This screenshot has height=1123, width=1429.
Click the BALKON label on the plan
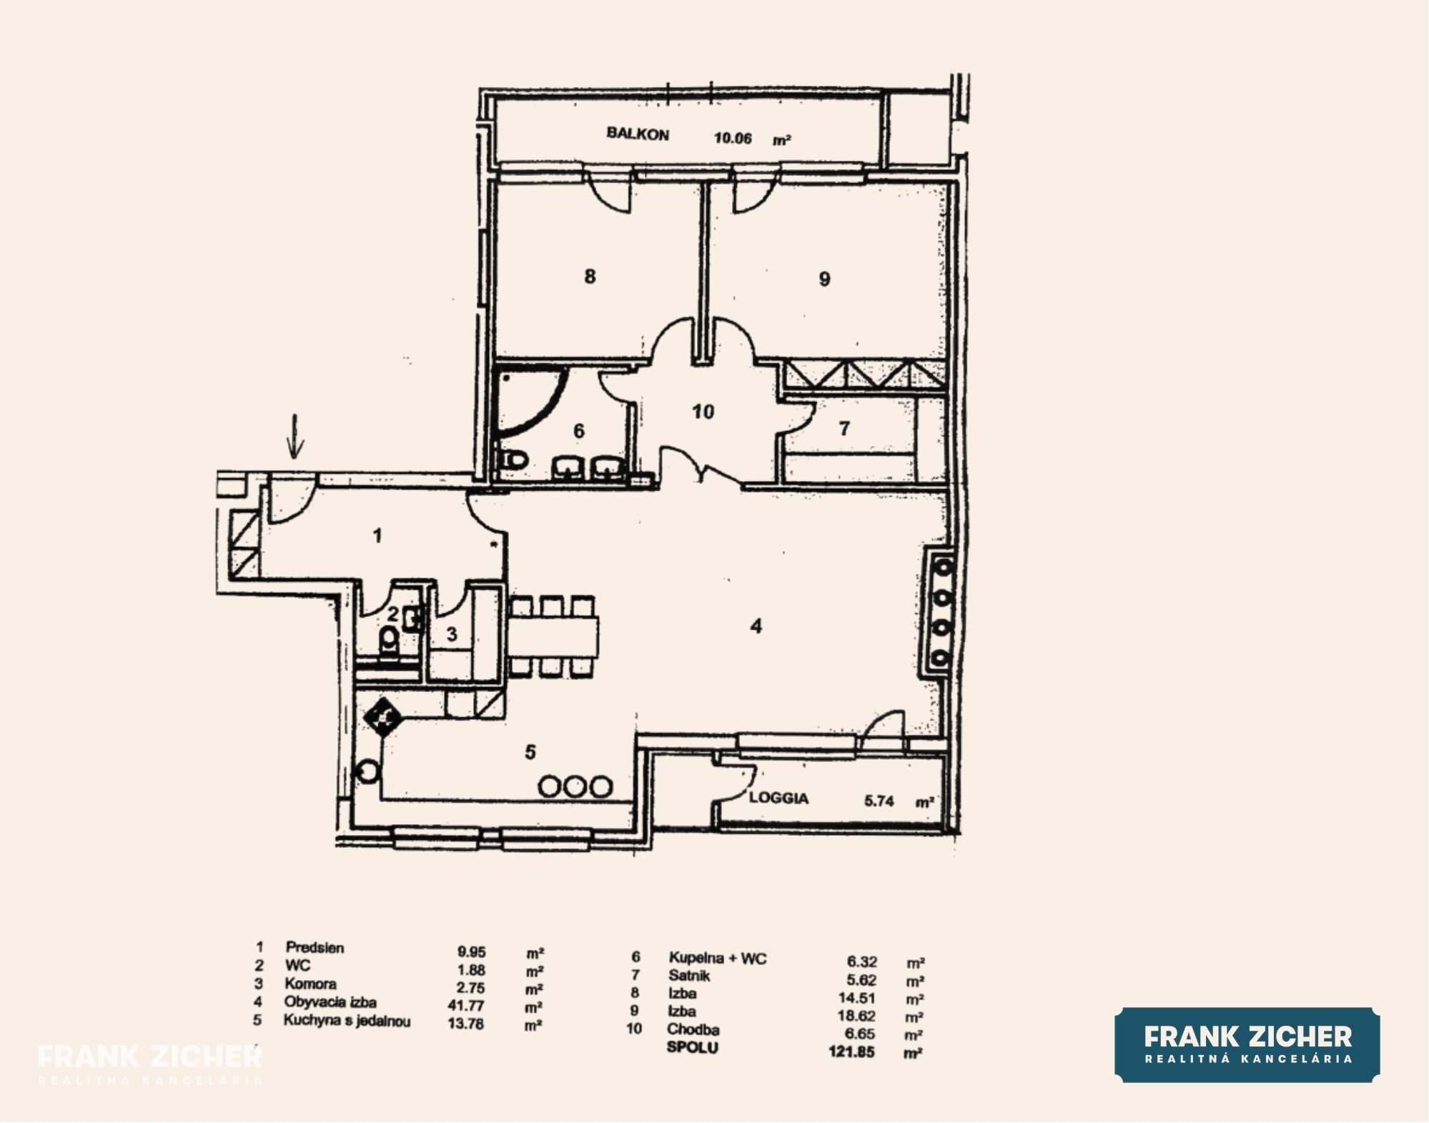click(x=638, y=134)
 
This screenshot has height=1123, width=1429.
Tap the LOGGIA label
click(x=778, y=798)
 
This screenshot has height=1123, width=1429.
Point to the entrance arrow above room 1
click(x=295, y=435)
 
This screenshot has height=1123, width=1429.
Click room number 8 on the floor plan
click(x=590, y=277)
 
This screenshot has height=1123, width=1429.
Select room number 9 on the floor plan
click(x=824, y=279)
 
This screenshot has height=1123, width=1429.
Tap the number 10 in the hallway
click(x=703, y=412)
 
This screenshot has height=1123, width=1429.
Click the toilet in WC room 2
click(x=389, y=641)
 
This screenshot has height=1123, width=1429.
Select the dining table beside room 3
click(x=553, y=637)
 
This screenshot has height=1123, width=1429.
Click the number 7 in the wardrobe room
click(x=844, y=428)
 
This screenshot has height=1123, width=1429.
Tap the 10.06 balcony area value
click(x=733, y=138)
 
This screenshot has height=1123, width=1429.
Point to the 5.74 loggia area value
click(x=879, y=801)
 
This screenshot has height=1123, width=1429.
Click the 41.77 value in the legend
click(x=466, y=1005)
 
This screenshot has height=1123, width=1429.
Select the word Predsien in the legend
click(x=315, y=948)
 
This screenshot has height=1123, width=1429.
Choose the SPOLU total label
click(x=692, y=1047)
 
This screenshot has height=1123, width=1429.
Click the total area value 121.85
click(x=851, y=1052)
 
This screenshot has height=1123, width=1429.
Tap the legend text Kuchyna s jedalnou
click(x=347, y=1021)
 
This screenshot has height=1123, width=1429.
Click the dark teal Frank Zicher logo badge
click(x=1247, y=1044)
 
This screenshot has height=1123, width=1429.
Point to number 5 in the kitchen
click(x=530, y=752)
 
